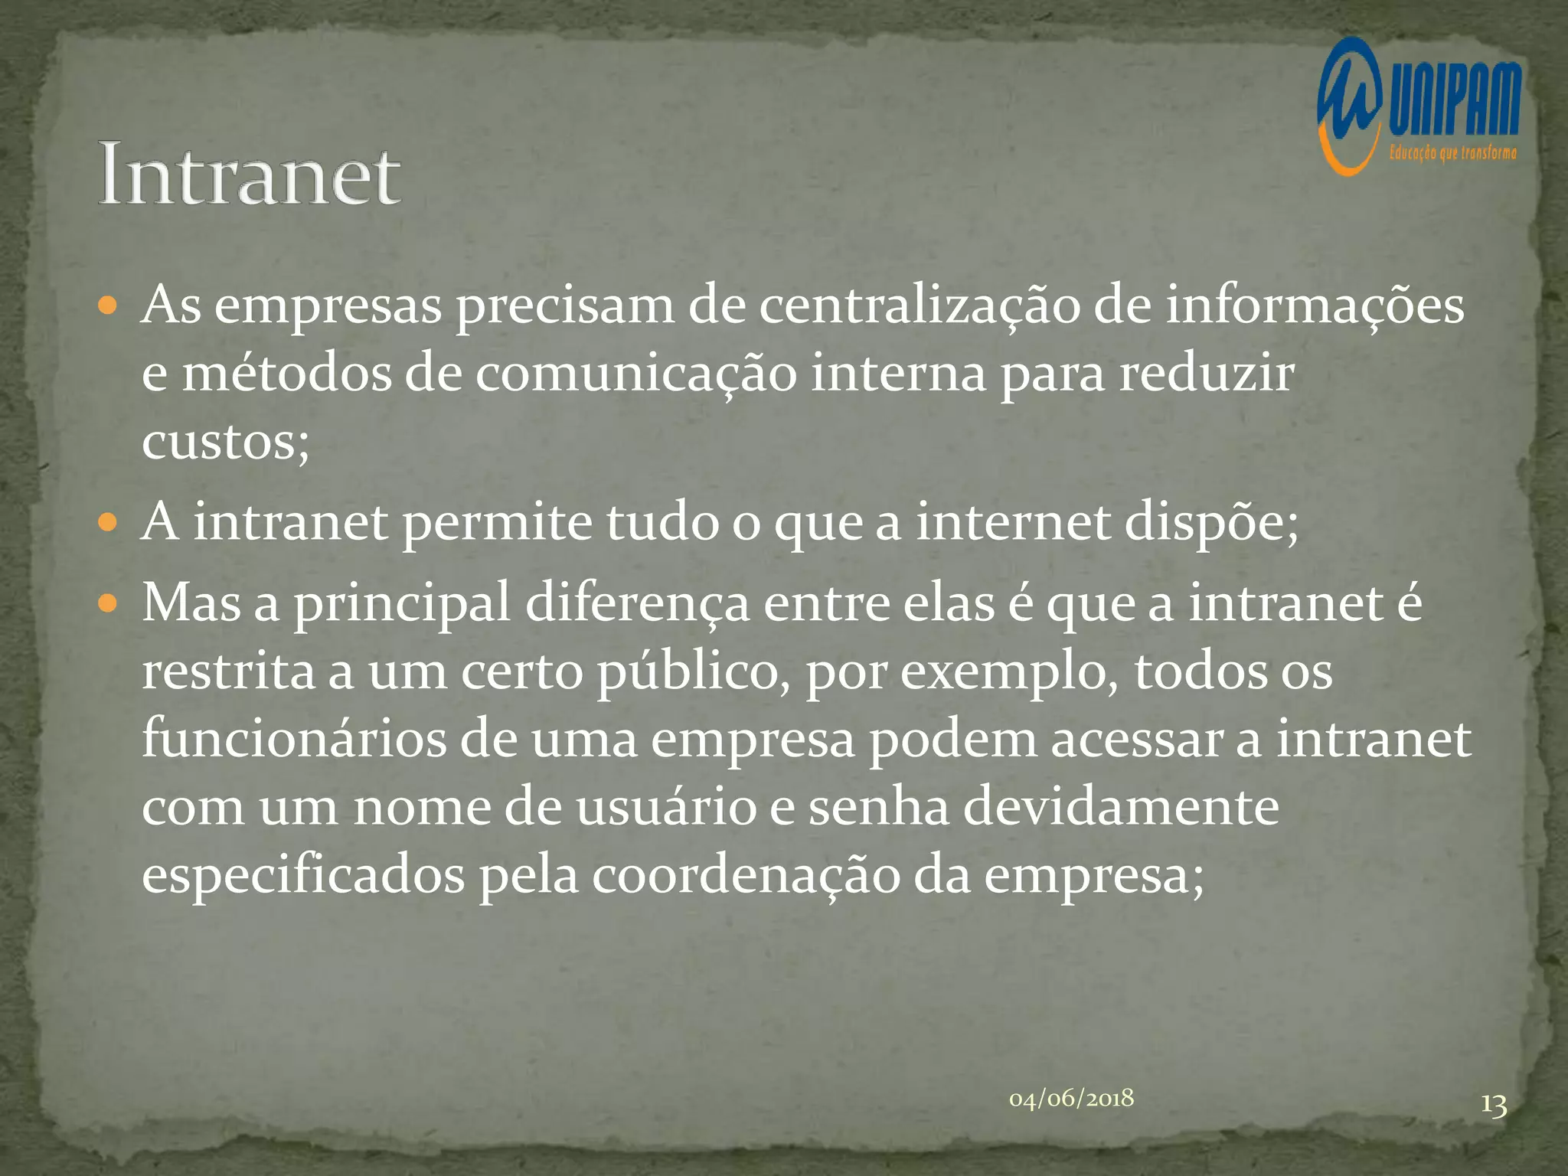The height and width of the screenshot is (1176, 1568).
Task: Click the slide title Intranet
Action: tap(249, 175)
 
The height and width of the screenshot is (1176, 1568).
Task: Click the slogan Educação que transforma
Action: tap(1452, 153)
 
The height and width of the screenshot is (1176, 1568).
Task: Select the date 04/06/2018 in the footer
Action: tap(1071, 1099)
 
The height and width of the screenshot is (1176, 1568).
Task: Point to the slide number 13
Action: tap(1493, 1106)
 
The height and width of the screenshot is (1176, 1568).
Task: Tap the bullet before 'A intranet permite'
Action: tap(108, 524)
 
